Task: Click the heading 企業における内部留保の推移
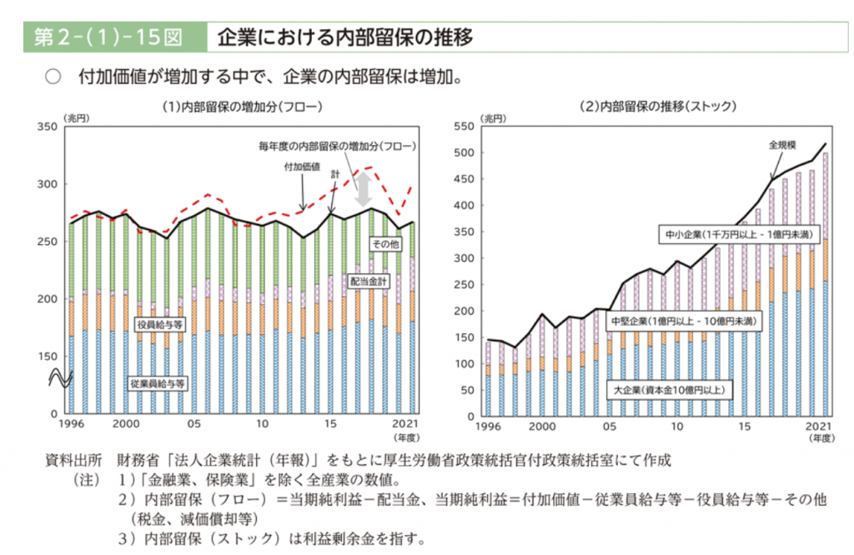click(344, 37)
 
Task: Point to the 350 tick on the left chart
click(47, 127)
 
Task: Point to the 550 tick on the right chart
click(462, 127)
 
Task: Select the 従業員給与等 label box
click(158, 384)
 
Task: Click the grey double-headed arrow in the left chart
click(364, 192)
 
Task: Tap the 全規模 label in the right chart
click(782, 145)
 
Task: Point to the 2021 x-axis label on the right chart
click(816, 425)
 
